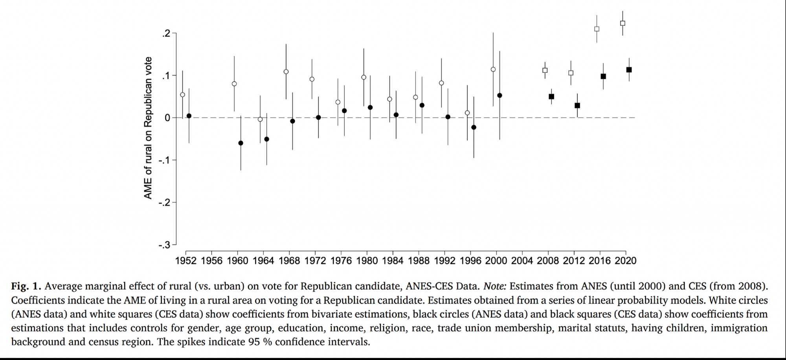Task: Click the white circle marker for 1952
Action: pyautogui.click(x=182, y=95)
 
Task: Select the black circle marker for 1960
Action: pyautogui.click(x=241, y=143)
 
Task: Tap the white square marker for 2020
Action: pyautogui.click(x=623, y=23)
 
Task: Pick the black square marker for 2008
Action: pyautogui.click(x=551, y=97)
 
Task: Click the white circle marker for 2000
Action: pyautogui.click(x=493, y=70)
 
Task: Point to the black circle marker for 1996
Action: pyautogui.click(x=474, y=127)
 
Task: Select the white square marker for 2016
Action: pyautogui.click(x=597, y=29)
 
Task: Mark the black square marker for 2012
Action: pyautogui.click(x=577, y=106)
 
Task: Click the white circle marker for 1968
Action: pyautogui.click(x=286, y=72)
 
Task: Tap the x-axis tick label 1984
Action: pyautogui.click(x=393, y=261)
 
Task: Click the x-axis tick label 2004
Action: pyautogui.click(x=522, y=261)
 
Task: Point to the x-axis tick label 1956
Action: pyautogui.click(x=211, y=261)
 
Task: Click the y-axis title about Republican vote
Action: pyautogui.click(x=148, y=128)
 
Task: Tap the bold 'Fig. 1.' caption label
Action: pyautogui.click(x=26, y=287)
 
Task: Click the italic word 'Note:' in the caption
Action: pyautogui.click(x=494, y=287)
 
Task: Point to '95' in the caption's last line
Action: pyautogui.click(x=254, y=342)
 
